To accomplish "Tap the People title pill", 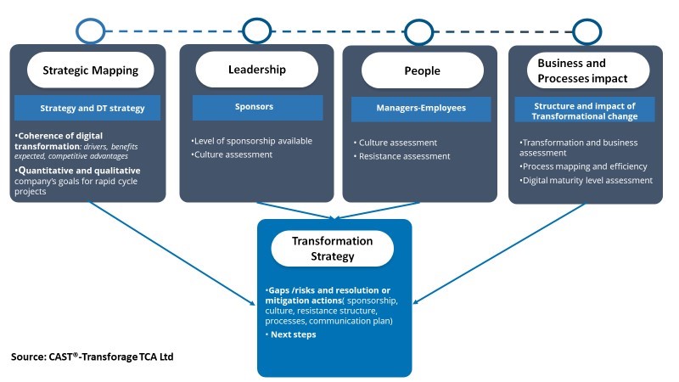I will [x=421, y=70].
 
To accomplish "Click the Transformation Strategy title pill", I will [x=332, y=248].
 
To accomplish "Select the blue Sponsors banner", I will [x=257, y=108].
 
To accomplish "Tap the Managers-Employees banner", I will [x=421, y=109].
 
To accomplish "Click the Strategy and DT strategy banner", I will [x=93, y=109].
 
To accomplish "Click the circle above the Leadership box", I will [x=256, y=31].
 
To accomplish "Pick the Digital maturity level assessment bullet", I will [x=586, y=180].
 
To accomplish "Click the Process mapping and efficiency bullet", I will [x=583, y=166].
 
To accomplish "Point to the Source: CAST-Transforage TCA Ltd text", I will [x=93, y=357].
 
